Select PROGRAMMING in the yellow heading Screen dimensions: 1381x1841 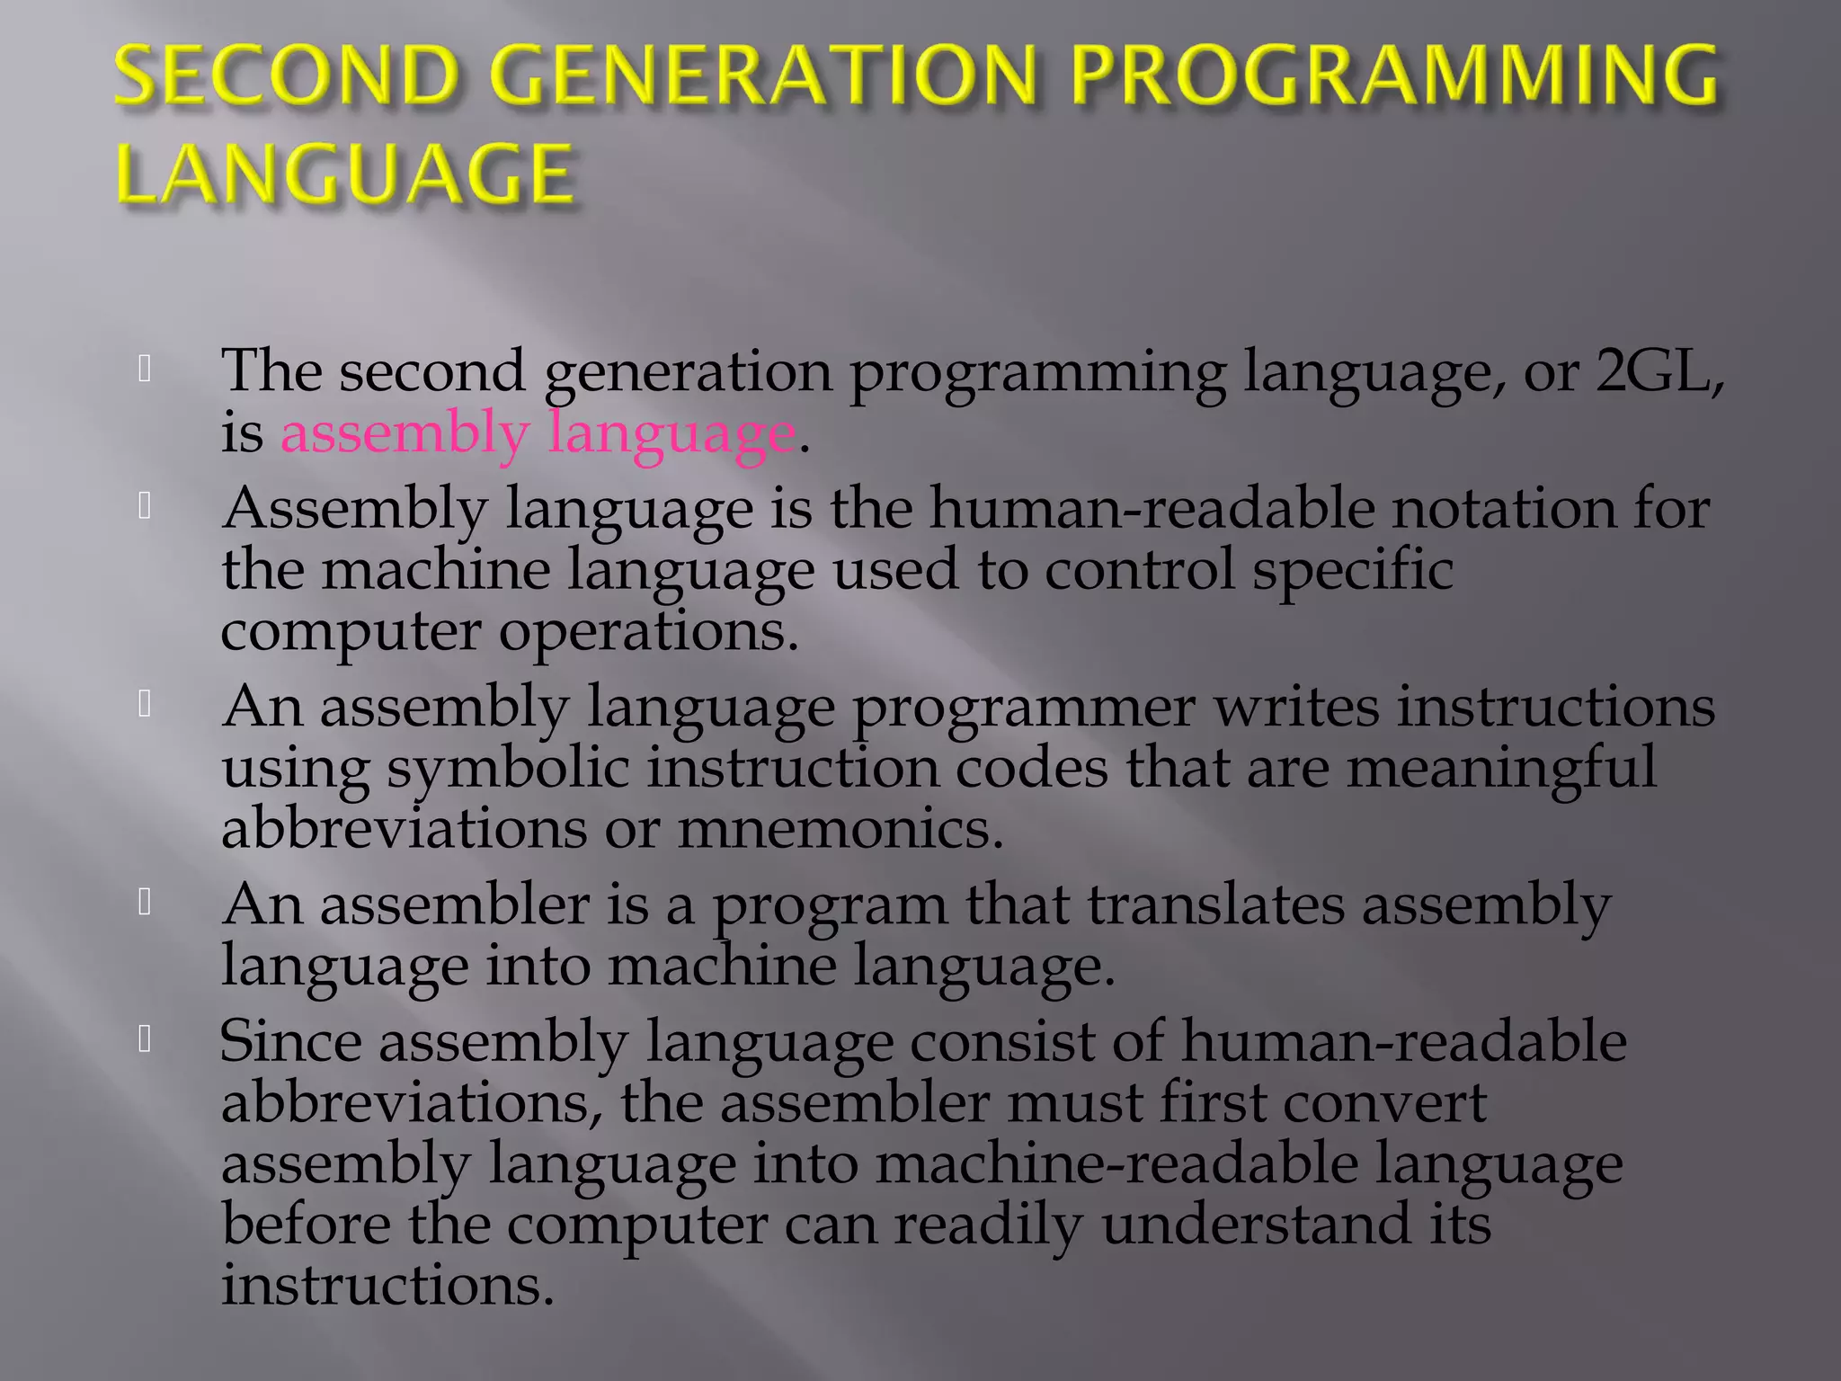pyautogui.click(x=1394, y=76)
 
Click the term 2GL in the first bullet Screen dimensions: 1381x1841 pyautogui.click(x=1653, y=370)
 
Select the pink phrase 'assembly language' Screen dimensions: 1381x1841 pyautogui.click(x=538, y=433)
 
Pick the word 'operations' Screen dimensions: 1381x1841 pyautogui.click(x=648, y=631)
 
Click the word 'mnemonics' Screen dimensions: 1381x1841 pyautogui.click(x=840, y=828)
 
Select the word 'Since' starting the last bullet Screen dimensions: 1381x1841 pyautogui.click(x=290, y=1042)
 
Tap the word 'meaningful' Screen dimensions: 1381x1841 pyautogui.click(x=1501, y=769)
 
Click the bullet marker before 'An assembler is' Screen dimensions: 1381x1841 pyautogui.click(x=145, y=902)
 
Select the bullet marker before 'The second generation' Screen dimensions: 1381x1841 pyautogui.click(x=145, y=369)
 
